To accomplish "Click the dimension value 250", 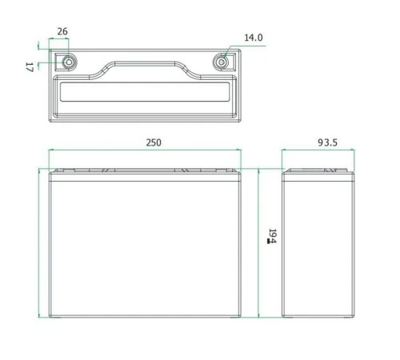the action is (x=154, y=142).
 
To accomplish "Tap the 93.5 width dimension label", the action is (x=328, y=142).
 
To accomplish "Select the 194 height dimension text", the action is (x=273, y=236).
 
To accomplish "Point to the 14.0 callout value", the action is (x=254, y=38).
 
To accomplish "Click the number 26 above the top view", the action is (x=62, y=31).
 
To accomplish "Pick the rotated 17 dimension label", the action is (x=30, y=67).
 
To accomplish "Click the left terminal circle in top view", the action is (x=69, y=62).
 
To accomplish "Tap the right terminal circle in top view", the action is (x=221, y=62).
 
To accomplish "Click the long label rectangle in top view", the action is (x=145, y=92).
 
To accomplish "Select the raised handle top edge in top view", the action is (x=145, y=62).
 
